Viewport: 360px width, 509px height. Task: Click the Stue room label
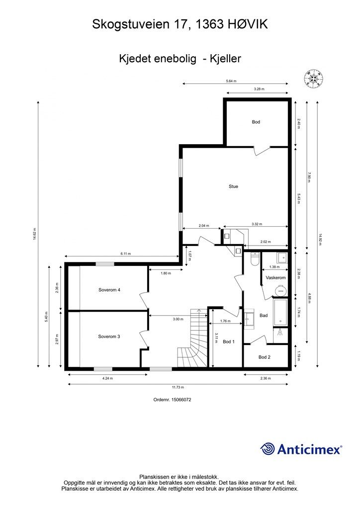(x=233, y=186)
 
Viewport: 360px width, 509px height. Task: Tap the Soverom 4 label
(x=109, y=290)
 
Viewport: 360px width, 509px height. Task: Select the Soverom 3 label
(x=109, y=337)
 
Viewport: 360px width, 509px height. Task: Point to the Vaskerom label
(x=275, y=278)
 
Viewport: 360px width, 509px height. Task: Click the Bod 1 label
(x=229, y=342)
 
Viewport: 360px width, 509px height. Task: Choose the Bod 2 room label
(x=264, y=357)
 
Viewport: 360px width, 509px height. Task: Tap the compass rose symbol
(x=314, y=79)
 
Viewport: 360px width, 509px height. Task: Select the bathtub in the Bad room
(x=280, y=312)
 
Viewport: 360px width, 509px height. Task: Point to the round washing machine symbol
(x=280, y=290)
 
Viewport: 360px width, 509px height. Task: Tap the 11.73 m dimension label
(x=178, y=387)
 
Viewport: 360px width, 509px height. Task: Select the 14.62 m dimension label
(x=34, y=235)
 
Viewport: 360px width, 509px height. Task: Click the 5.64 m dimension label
(x=231, y=81)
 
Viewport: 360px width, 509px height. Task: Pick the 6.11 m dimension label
(x=125, y=254)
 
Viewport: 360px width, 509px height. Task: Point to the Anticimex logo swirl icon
(x=268, y=449)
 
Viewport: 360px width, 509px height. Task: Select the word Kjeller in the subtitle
(x=225, y=59)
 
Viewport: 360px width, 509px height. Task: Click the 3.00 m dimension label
(x=178, y=319)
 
